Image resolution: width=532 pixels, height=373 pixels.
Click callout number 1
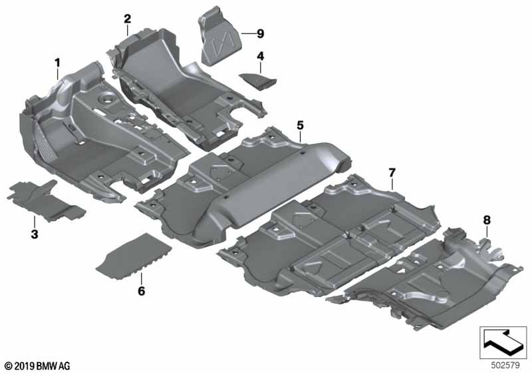(x=58, y=63)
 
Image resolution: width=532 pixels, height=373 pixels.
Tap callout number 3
(x=34, y=234)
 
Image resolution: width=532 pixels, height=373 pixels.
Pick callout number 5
(x=300, y=125)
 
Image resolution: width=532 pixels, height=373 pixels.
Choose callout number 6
(x=141, y=290)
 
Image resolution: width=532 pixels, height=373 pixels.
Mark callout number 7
(x=392, y=173)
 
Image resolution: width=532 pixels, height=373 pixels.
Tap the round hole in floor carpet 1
(x=105, y=101)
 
